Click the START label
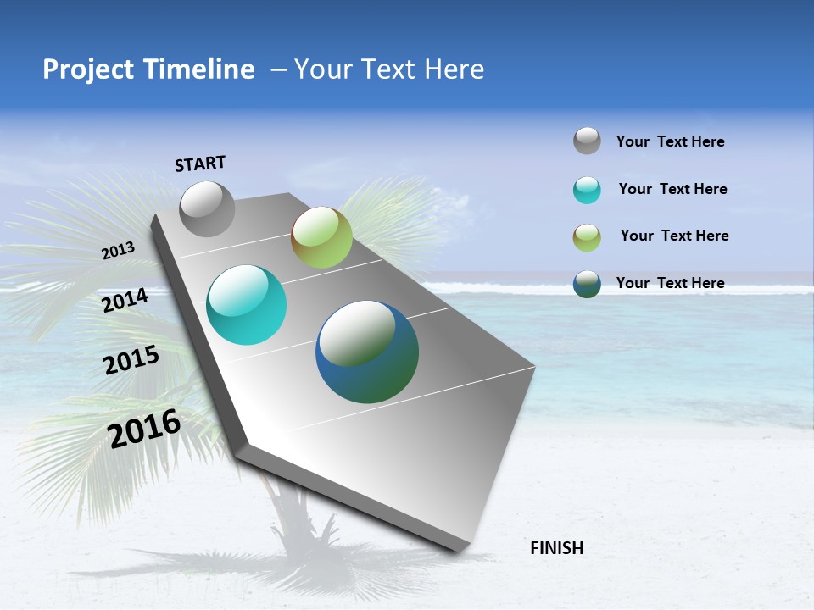pos(200,164)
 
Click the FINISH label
pos(556,548)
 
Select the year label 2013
pos(118,251)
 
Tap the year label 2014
pos(125,300)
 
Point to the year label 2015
pos(131,360)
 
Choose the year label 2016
pos(144,428)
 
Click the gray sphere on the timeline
pos(207,208)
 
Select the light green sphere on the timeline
pos(321,237)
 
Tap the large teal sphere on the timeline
pos(246,305)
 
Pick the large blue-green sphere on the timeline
pos(367,352)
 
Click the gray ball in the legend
pos(587,141)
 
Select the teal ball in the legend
pos(587,190)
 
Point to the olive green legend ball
pos(587,237)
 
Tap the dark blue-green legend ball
pos(587,284)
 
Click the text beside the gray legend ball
pos(670,141)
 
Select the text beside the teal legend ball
pos(672,189)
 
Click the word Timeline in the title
pos(199,69)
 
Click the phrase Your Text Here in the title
pos(388,69)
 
